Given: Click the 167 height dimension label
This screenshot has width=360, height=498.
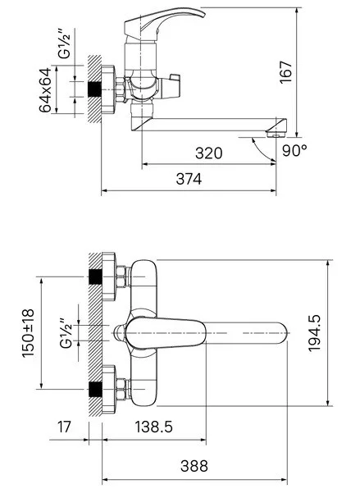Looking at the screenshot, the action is pyautogui.click(x=285, y=72).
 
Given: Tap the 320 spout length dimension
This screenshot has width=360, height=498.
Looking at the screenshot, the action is pyautogui.click(x=208, y=153).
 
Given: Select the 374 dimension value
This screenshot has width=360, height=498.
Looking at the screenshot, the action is pyautogui.click(x=189, y=179).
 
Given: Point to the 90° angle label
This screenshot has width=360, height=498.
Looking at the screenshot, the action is pyautogui.click(x=294, y=150).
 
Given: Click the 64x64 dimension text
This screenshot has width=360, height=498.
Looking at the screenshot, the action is pyautogui.click(x=45, y=90).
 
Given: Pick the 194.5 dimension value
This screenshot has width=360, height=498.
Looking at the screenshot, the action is pyautogui.click(x=315, y=333).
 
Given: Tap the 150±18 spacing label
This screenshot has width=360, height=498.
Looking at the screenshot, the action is pyautogui.click(x=28, y=333).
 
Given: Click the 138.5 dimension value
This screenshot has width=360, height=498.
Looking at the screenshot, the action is pyautogui.click(x=154, y=427).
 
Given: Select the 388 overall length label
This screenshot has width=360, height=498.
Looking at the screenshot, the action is pyautogui.click(x=194, y=466).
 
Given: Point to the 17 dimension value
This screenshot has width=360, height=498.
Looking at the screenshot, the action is pyautogui.click(x=64, y=427).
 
